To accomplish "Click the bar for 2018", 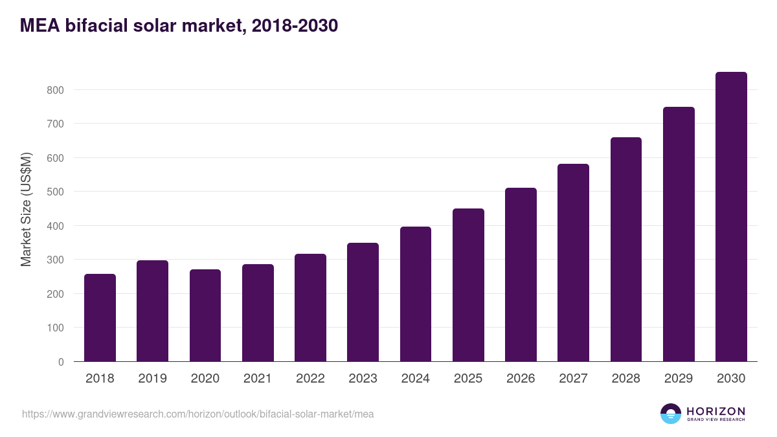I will pos(100,318).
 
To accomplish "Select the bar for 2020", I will pos(205,315).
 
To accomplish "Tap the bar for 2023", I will pos(363,302).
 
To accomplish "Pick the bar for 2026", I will pos(521,275).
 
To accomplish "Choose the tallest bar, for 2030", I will pos(731,217).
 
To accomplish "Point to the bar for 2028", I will pos(625,249).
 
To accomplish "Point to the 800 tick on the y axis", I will pos(55,90).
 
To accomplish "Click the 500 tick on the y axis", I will pos(55,192).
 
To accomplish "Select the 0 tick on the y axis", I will pos(61,362).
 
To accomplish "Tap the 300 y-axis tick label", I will pos(55,260).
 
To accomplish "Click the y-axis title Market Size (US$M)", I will pos(26,209).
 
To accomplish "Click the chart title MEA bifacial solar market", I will pos(179,26).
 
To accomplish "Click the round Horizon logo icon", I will pos(671,414).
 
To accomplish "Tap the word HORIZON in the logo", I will pos(715,411).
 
